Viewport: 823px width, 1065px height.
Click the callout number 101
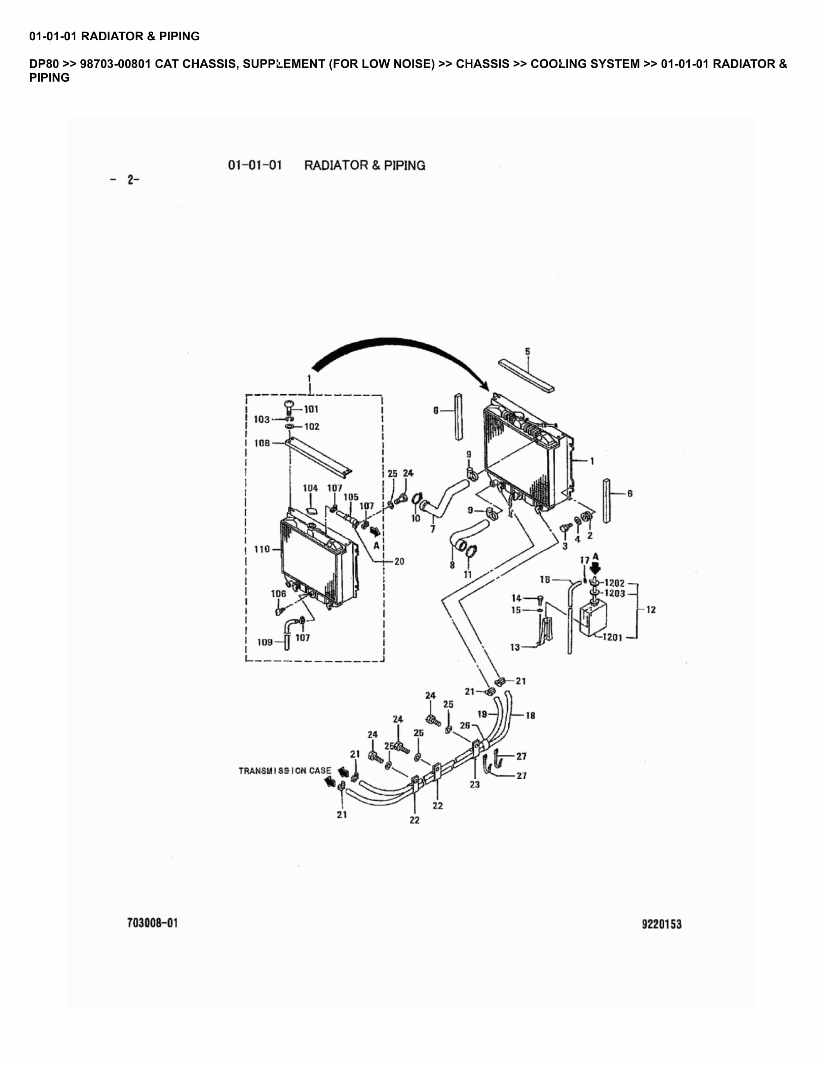point(311,409)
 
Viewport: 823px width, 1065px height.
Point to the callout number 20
point(399,562)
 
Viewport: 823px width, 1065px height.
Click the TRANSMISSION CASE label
point(285,771)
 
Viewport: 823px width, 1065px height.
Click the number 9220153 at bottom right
point(662,924)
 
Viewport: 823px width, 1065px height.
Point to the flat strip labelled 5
point(526,376)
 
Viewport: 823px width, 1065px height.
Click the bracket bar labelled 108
point(319,457)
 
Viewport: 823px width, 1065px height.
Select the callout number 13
point(515,647)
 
